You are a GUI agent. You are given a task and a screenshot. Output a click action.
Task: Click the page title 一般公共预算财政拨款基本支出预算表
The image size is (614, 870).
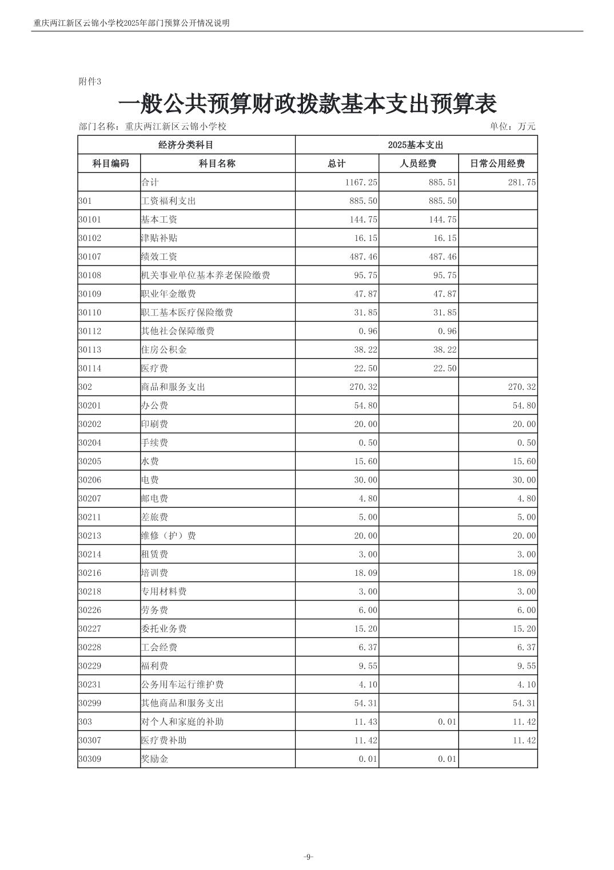click(x=307, y=104)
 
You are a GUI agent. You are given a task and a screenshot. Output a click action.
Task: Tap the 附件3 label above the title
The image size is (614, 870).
click(x=89, y=82)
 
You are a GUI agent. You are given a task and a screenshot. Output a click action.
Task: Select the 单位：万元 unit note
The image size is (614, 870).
click(x=512, y=126)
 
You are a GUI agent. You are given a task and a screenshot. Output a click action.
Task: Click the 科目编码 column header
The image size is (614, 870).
click(x=110, y=164)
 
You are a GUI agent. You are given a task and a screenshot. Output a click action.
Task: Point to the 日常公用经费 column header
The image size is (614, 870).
click(x=497, y=164)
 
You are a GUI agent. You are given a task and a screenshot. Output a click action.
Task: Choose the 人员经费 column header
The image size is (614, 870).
click(x=418, y=164)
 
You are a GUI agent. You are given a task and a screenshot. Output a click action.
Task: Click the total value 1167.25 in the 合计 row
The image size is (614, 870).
click(x=361, y=183)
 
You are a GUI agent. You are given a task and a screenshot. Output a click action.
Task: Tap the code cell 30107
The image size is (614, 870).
click(x=90, y=257)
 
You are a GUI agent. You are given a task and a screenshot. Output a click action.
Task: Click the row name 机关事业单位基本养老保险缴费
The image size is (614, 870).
click(x=205, y=275)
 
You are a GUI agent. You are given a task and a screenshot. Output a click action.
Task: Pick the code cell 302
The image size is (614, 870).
click(x=85, y=387)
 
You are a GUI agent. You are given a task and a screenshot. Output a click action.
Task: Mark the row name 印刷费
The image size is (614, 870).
click(x=154, y=424)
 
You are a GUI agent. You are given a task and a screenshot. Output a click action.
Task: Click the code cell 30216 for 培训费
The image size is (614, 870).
click(x=90, y=573)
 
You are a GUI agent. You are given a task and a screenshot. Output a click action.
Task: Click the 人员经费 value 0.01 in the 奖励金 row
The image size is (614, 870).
click(x=447, y=759)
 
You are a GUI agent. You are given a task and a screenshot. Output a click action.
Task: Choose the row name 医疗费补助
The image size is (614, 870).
click(x=164, y=741)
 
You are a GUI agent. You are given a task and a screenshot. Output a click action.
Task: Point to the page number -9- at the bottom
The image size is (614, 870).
click(x=308, y=857)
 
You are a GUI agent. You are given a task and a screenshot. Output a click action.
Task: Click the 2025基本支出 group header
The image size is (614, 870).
click(x=416, y=145)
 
